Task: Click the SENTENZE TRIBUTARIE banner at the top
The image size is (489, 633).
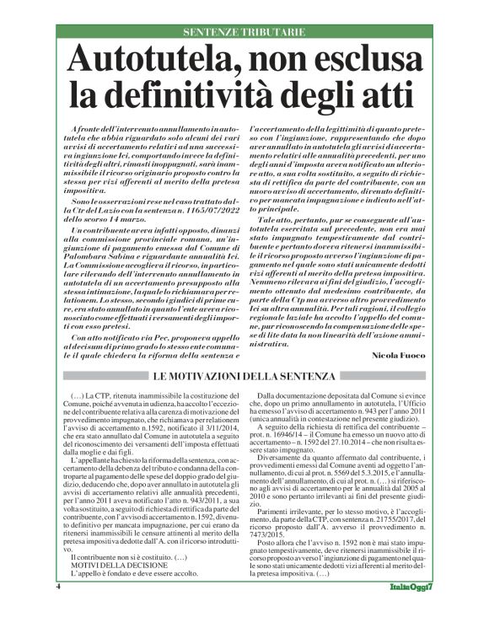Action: pyautogui.click(x=244, y=31)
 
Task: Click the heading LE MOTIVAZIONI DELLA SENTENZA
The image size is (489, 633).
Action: pyautogui.click(x=244, y=375)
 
